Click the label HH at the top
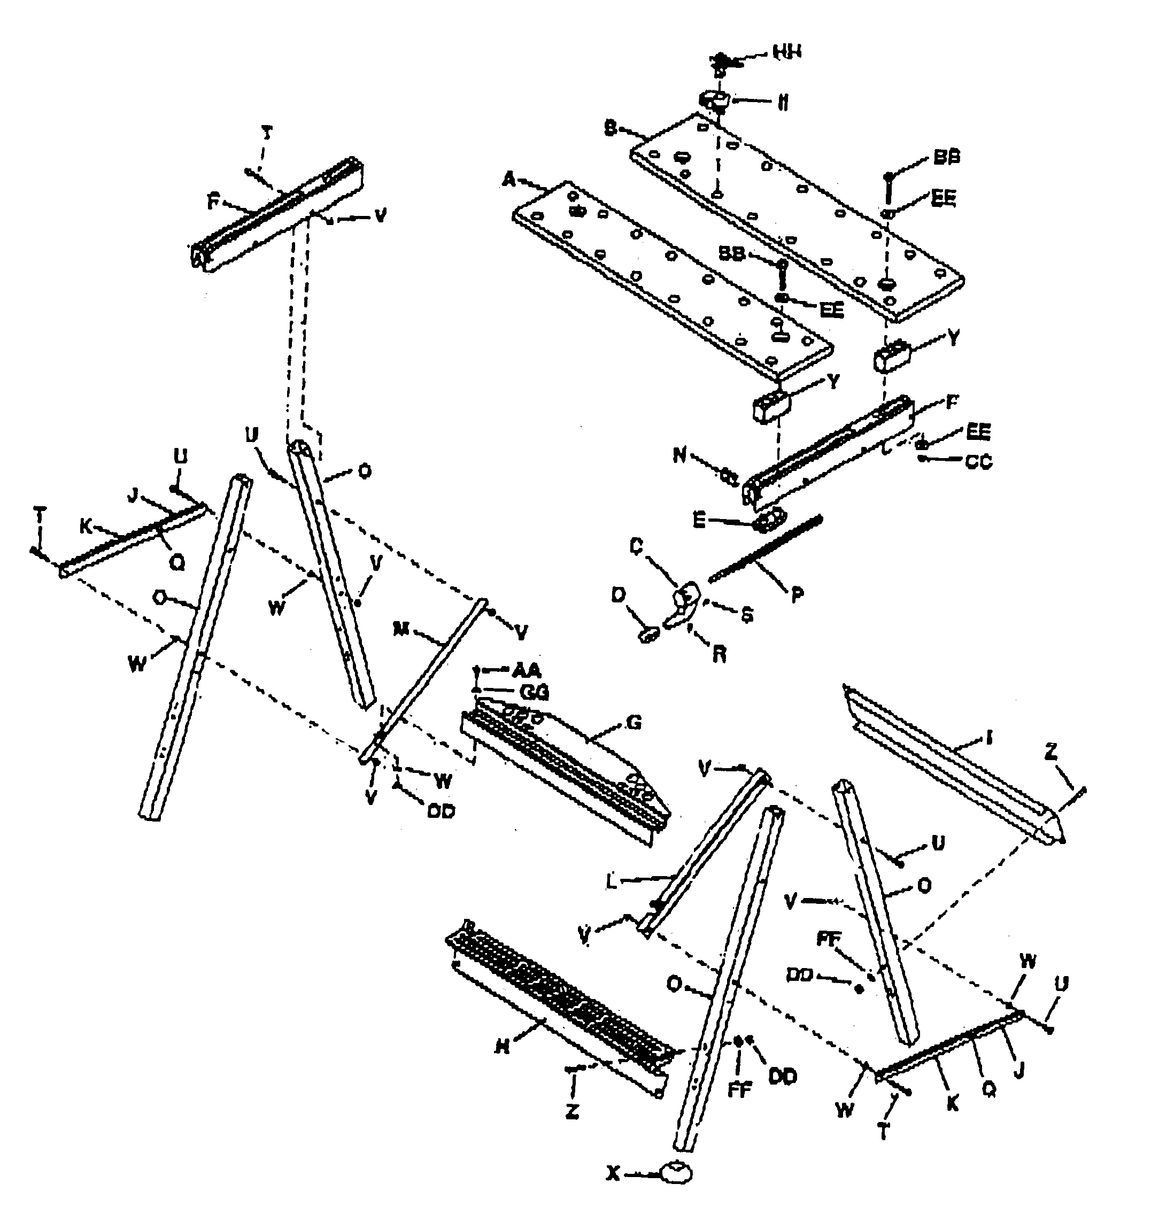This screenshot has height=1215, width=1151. pos(787,52)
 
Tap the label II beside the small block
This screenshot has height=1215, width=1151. pos(783,104)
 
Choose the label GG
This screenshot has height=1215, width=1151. pos(534,692)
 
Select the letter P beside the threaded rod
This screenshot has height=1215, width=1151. pos(798,594)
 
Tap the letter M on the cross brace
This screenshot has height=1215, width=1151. pos(400,629)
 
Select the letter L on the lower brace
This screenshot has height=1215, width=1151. pos(611,882)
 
